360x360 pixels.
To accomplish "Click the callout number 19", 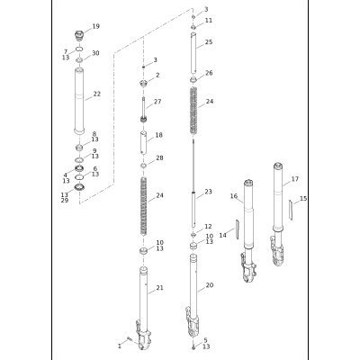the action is pyautogui.click(x=95, y=26).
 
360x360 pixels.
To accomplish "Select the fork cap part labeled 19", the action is pyautogui.click(x=79, y=36).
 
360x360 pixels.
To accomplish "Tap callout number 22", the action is pyautogui.click(x=97, y=94).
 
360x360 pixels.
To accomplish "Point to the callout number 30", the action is pyautogui.click(x=95, y=53).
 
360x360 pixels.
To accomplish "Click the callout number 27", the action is pyautogui.click(x=157, y=102).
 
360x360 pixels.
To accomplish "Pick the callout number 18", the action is pyautogui.click(x=159, y=135).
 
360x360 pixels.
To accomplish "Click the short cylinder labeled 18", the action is pyautogui.click(x=143, y=143).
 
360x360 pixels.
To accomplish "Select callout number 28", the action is pyautogui.click(x=159, y=157).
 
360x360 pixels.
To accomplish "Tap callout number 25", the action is pyautogui.click(x=209, y=42).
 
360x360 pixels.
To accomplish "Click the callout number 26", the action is pyautogui.click(x=209, y=73).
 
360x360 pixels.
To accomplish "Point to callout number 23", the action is pyautogui.click(x=208, y=192).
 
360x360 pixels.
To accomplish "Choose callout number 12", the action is pyautogui.click(x=208, y=226).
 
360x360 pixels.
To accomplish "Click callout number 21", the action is pyautogui.click(x=160, y=288).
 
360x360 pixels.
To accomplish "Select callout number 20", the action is pyautogui.click(x=210, y=285).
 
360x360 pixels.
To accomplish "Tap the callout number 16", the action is pyautogui.click(x=234, y=196).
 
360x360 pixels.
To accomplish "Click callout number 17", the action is pyautogui.click(x=295, y=179).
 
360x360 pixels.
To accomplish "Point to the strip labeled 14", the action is pyautogui.click(x=237, y=229).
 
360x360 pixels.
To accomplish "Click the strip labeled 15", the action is pyautogui.click(x=291, y=211).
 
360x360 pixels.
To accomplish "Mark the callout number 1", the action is pyautogui.click(x=120, y=346).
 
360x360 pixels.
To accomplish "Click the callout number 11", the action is pyautogui.click(x=209, y=21).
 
